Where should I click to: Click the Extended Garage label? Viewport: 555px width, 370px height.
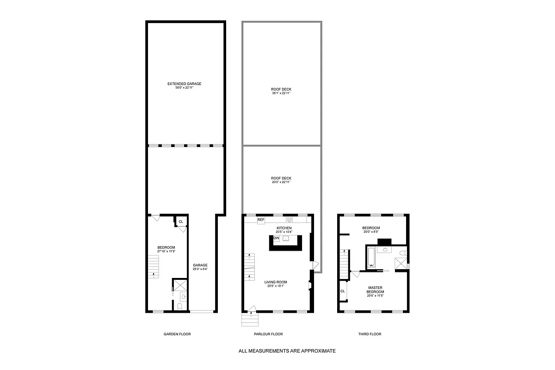pos(185,84)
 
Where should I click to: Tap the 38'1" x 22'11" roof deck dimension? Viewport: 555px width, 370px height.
pos(281,93)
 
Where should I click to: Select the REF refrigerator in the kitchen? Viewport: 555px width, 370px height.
pos(261,220)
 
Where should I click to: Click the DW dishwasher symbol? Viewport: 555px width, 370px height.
pos(276,238)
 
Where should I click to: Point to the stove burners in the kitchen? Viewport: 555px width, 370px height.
pos(290,220)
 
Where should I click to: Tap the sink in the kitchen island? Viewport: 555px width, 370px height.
pos(286,238)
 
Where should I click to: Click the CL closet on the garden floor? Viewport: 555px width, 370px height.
pos(180,222)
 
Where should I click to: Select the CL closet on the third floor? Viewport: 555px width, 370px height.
pos(343,291)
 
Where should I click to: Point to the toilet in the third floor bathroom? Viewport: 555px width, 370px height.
pos(402,253)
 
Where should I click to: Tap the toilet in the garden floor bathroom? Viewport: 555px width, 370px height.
pos(180,306)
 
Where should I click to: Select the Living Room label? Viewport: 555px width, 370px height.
pos(276,282)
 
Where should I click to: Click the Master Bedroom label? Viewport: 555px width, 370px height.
pos(375,290)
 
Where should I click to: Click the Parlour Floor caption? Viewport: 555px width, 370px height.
pos(268,334)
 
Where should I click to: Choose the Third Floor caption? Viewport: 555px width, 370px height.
pos(370,334)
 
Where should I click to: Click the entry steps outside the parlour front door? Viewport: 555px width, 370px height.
pos(249,319)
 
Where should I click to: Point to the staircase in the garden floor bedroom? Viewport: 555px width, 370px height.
pos(154,266)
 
